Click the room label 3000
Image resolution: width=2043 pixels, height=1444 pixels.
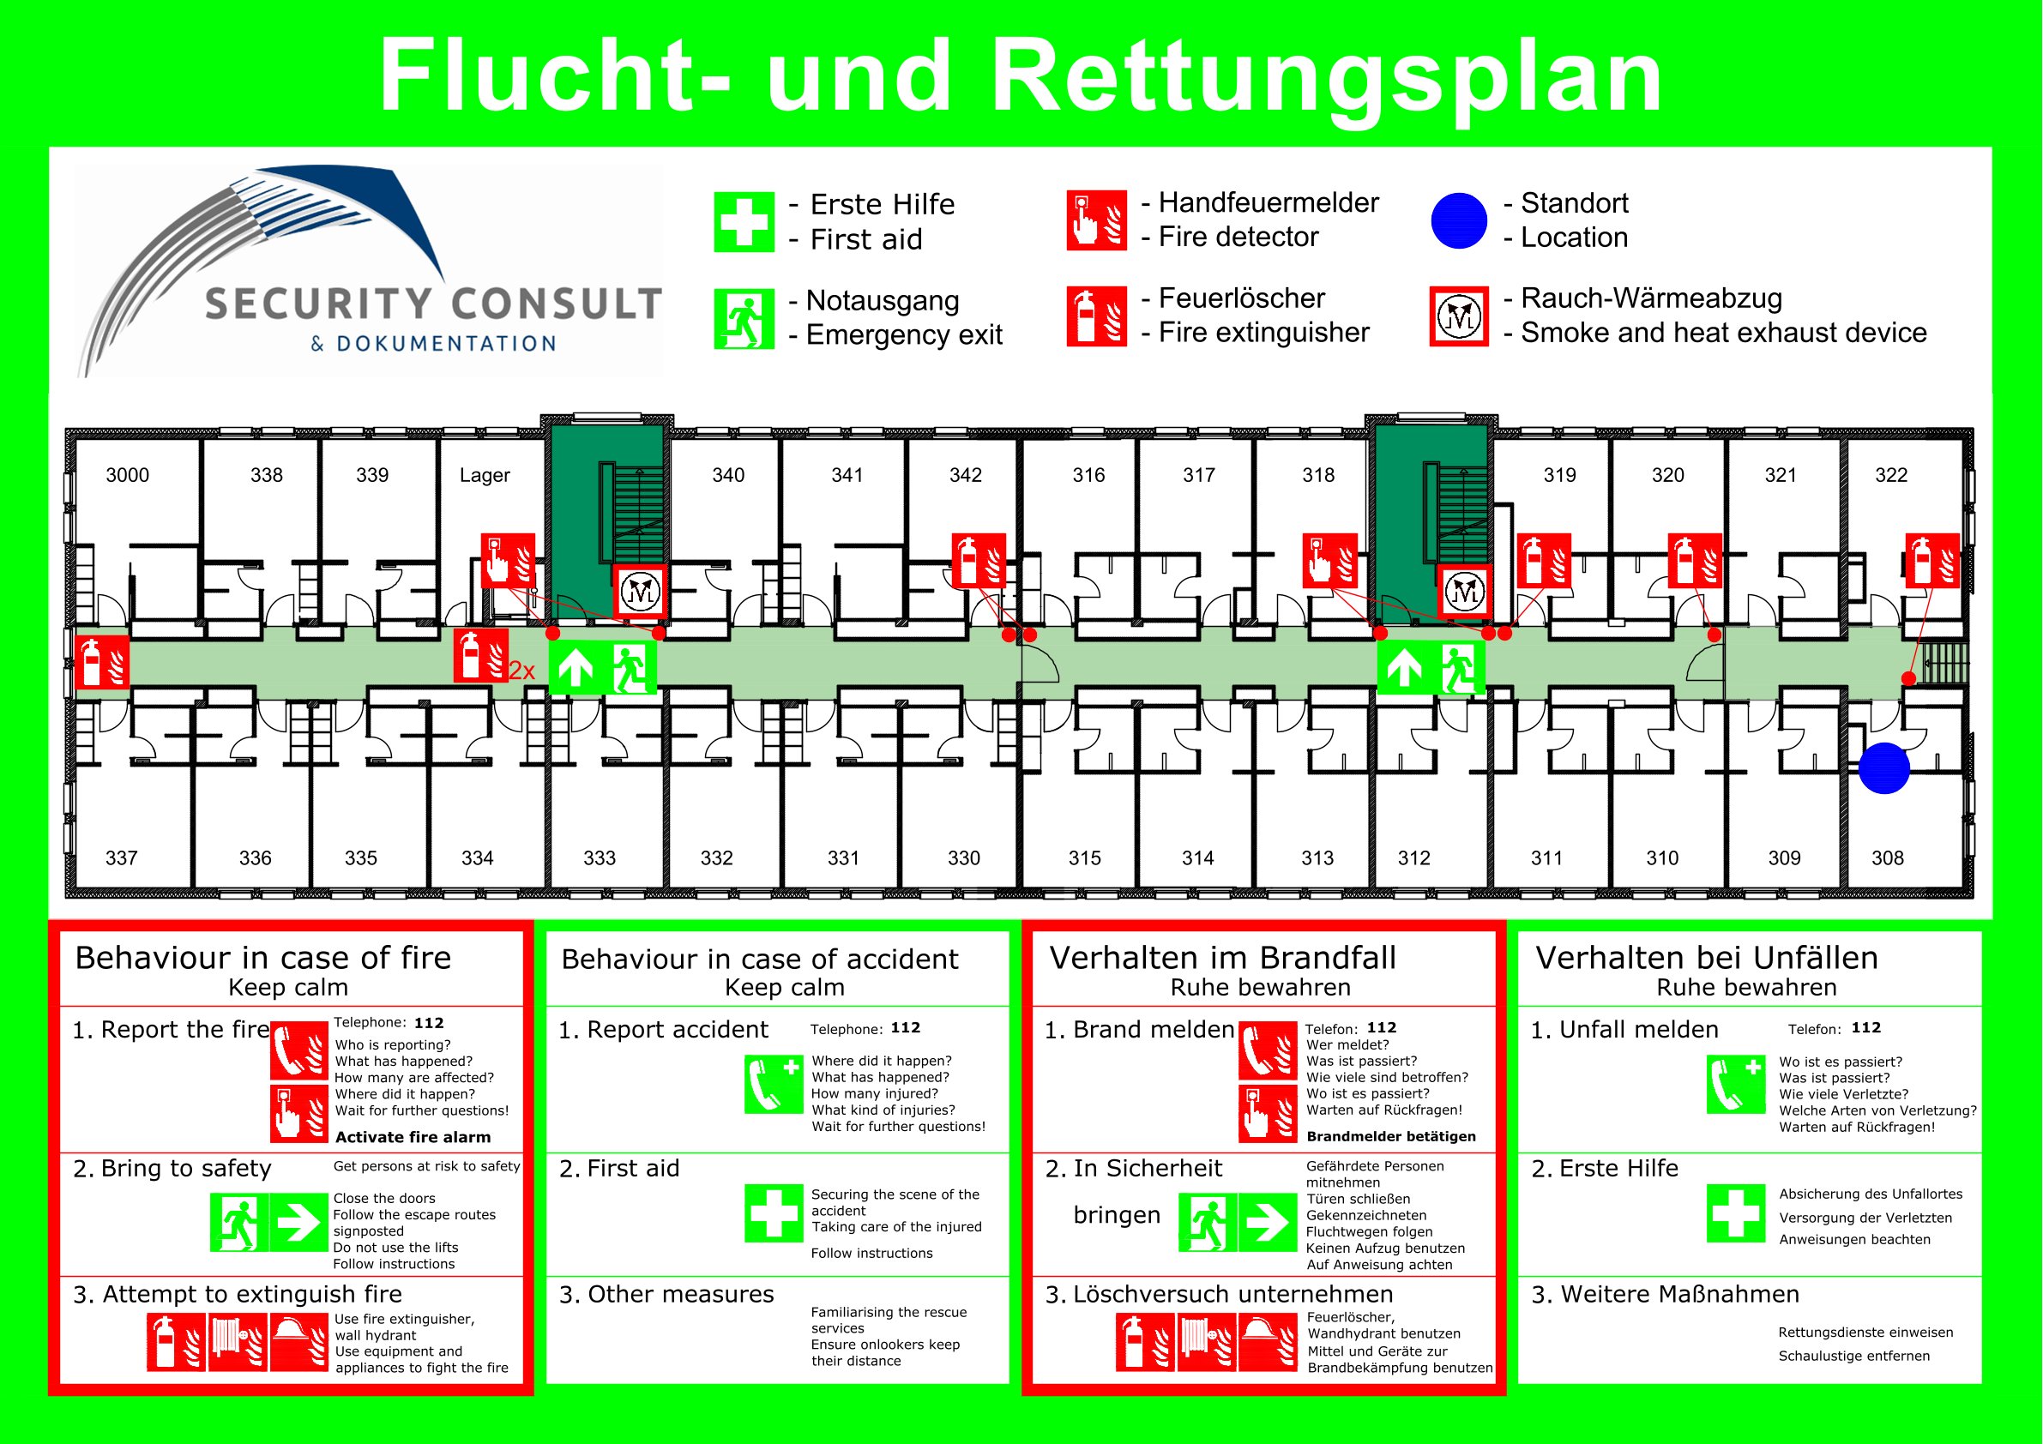pos(127,475)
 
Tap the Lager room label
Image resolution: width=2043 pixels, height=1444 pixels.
pos(485,475)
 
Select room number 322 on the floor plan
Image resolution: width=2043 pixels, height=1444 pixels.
pos(1891,475)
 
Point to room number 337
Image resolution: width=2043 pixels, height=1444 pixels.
pos(122,857)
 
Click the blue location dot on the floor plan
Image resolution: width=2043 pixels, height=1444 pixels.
pos(1883,767)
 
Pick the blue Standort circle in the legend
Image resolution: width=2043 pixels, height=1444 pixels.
pos(1458,220)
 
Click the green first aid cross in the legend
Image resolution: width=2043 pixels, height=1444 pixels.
pos(744,221)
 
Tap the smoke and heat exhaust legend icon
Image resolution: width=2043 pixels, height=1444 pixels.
pos(1458,316)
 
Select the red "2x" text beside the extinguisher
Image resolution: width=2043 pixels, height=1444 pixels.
pos(522,671)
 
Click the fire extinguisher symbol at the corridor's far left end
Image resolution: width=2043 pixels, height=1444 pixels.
pos(101,662)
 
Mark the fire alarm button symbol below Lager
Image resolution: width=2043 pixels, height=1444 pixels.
pos(508,561)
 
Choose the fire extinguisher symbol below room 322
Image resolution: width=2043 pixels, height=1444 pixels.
pos(1932,561)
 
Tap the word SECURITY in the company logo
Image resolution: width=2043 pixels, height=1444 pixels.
pos(319,304)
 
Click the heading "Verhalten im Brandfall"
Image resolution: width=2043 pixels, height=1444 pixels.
pos(1222,957)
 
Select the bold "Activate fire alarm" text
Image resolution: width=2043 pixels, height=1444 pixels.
pos(413,1137)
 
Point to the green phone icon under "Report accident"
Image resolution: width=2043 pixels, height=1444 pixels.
pos(774,1084)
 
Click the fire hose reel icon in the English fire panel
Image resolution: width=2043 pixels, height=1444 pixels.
pos(237,1342)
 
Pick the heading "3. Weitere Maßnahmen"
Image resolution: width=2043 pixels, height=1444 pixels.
pos(1665,1294)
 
